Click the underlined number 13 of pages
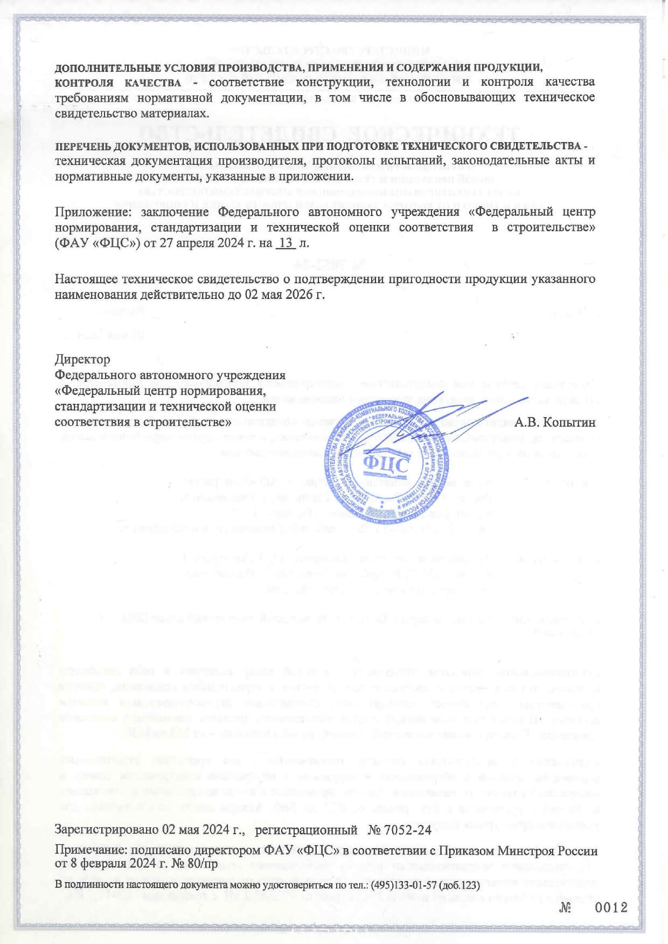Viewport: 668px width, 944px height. [x=286, y=243]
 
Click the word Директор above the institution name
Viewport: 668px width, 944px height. [x=82, y=359]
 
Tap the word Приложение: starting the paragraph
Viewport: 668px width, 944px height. [x=94, y=212]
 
